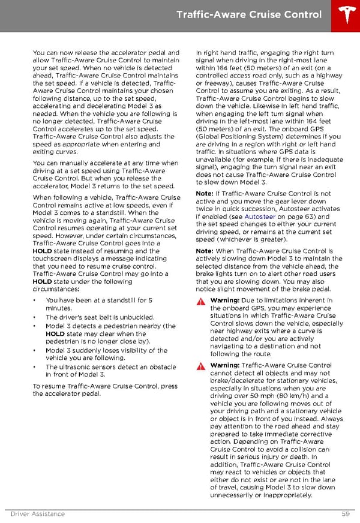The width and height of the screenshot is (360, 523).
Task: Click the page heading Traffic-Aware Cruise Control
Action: [x=249, y=14]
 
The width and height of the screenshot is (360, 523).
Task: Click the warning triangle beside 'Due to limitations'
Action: [x=200, y=301]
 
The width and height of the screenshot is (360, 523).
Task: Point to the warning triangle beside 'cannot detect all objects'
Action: [x=200, y=366]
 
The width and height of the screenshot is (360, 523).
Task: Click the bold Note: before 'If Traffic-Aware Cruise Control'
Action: [x=205, y=194]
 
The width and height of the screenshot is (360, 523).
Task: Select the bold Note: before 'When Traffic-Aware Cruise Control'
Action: [x=205, y=251]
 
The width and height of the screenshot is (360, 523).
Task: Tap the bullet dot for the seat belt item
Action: [x=35, y=317]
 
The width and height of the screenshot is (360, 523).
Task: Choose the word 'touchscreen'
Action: [x=53, y=259]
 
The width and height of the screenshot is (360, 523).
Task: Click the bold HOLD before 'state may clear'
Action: [x=55, y=334]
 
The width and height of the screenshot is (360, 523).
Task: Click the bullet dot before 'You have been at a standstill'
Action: [x=35, y=300]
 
